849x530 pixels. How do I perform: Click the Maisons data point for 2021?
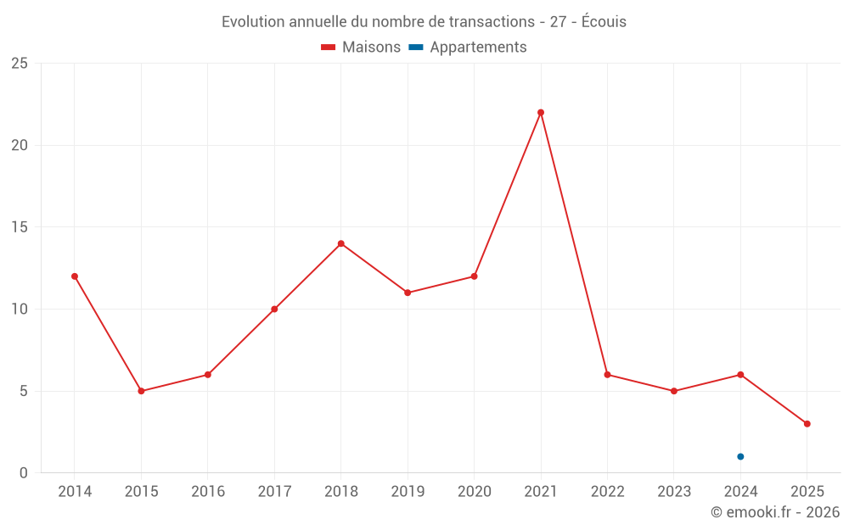tap(541, 113)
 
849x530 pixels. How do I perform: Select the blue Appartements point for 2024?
tap(740, 456)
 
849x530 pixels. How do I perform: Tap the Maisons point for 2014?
tap(75, 276)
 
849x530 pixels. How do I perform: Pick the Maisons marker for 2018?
tap(341, 243)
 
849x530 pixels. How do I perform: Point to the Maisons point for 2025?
tap(807, 424)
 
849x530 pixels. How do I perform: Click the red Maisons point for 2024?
tap(740, 375)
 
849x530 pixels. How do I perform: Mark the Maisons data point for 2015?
tap(141, 391)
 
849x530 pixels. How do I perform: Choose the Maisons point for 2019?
tap(408, 293)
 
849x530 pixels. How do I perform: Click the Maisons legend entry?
tap(361, 47)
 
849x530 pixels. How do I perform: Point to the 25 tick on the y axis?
tap(20, 64)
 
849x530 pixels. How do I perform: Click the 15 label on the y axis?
tap(20, 227)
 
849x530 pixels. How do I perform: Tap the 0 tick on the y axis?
tap(24, 473)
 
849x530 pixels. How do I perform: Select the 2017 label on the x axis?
tap(274, 492)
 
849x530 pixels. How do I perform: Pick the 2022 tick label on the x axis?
tap(607, 492)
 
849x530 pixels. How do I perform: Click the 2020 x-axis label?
tap(474, 492)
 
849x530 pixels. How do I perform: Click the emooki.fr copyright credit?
tap(775, 512)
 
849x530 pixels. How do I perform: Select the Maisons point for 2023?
tap(674, 391)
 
